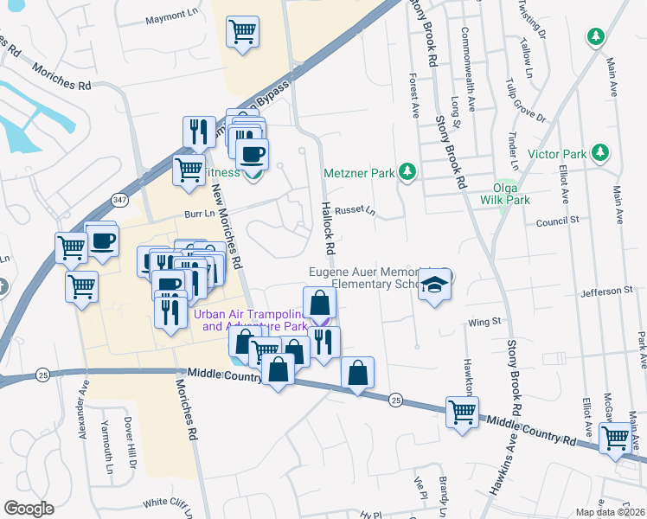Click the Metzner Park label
coord(358,173)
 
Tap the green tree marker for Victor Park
coord(598,154)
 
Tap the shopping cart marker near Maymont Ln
coord(243,32)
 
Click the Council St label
coord(557,221)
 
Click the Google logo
coord(29,509)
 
